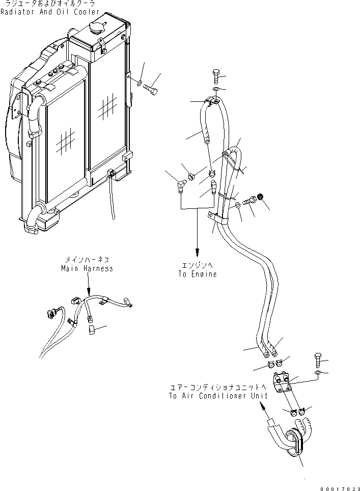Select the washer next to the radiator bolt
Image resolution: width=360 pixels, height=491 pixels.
pyautogui.click(x=139, y=81)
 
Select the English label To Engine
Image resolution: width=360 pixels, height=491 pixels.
pyautogui.click(x=197, y=274)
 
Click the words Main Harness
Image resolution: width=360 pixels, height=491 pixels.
pyautogui.click(x=87, y=268)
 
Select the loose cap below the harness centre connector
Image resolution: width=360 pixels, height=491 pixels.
pyautogui.click(x=92, y=331)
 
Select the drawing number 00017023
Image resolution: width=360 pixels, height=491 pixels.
pyautogui.click(x=339, y=488)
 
